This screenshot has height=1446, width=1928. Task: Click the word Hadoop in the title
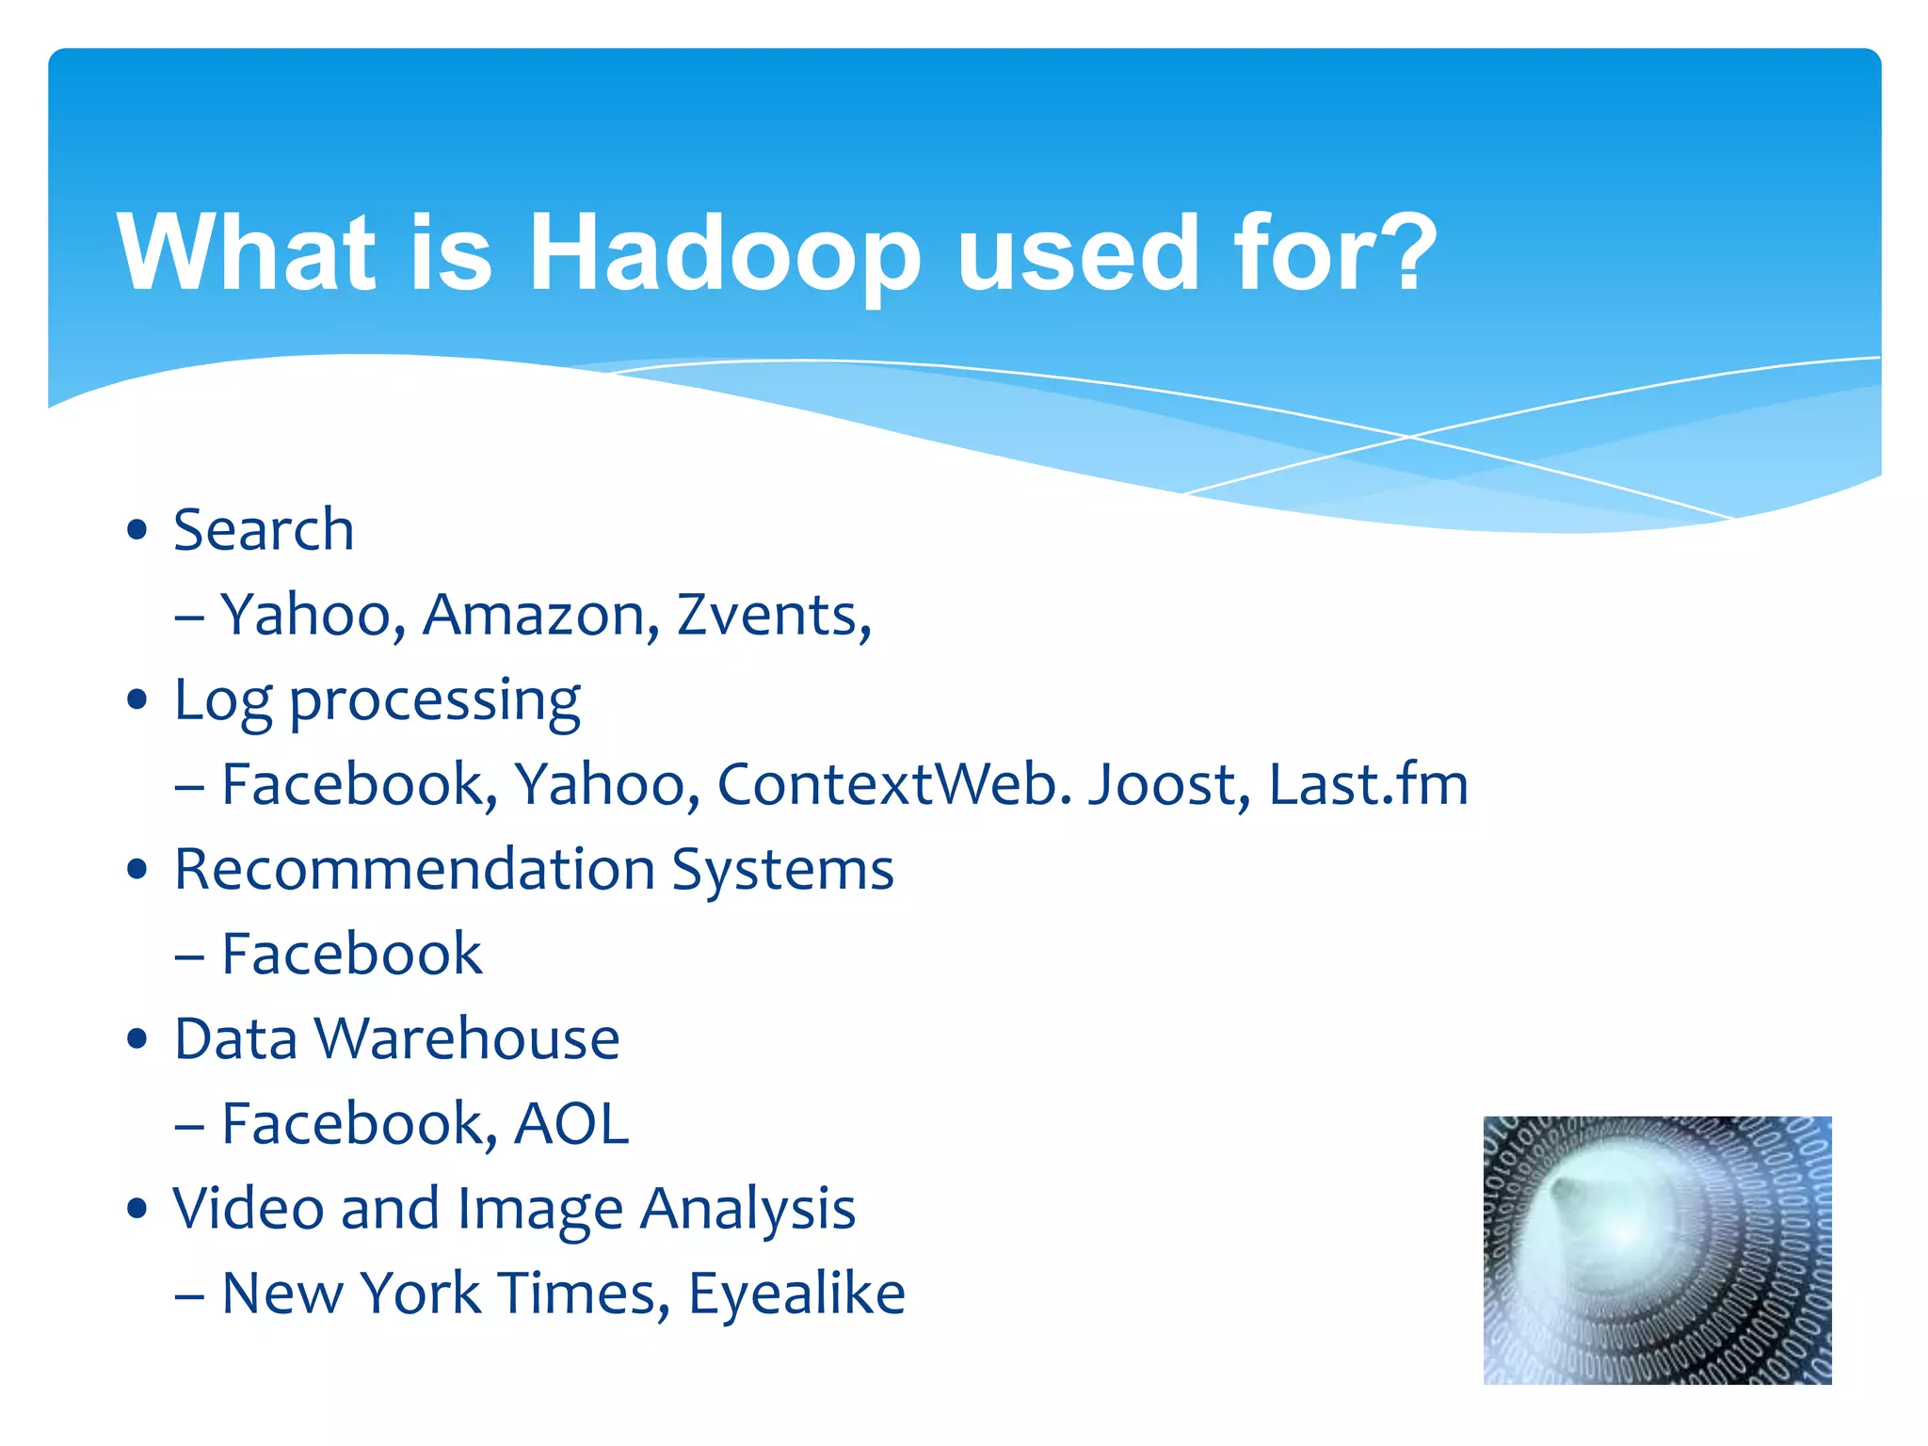click(x=724, y=252)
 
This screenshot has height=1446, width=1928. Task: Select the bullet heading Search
click(x=264, y=530)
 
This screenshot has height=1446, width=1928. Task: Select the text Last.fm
click(x=1368, y=784)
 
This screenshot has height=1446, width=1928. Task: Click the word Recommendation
click(x=414, y=869)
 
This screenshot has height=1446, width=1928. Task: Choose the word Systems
click(x=782, y=871)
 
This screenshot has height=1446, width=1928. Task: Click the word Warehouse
click(x=467, y=1039)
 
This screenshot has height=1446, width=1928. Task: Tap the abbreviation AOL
click(x=571, y=1124)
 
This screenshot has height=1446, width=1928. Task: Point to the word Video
click(x=248, y=1209)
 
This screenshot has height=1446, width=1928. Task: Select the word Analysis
click(x=747, y=1210)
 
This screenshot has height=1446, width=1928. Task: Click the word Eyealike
click(x=796, y=1293)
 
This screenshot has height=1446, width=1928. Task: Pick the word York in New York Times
click(x=421, y=1293)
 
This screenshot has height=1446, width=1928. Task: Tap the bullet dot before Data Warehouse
click(x=137, y=1039)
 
